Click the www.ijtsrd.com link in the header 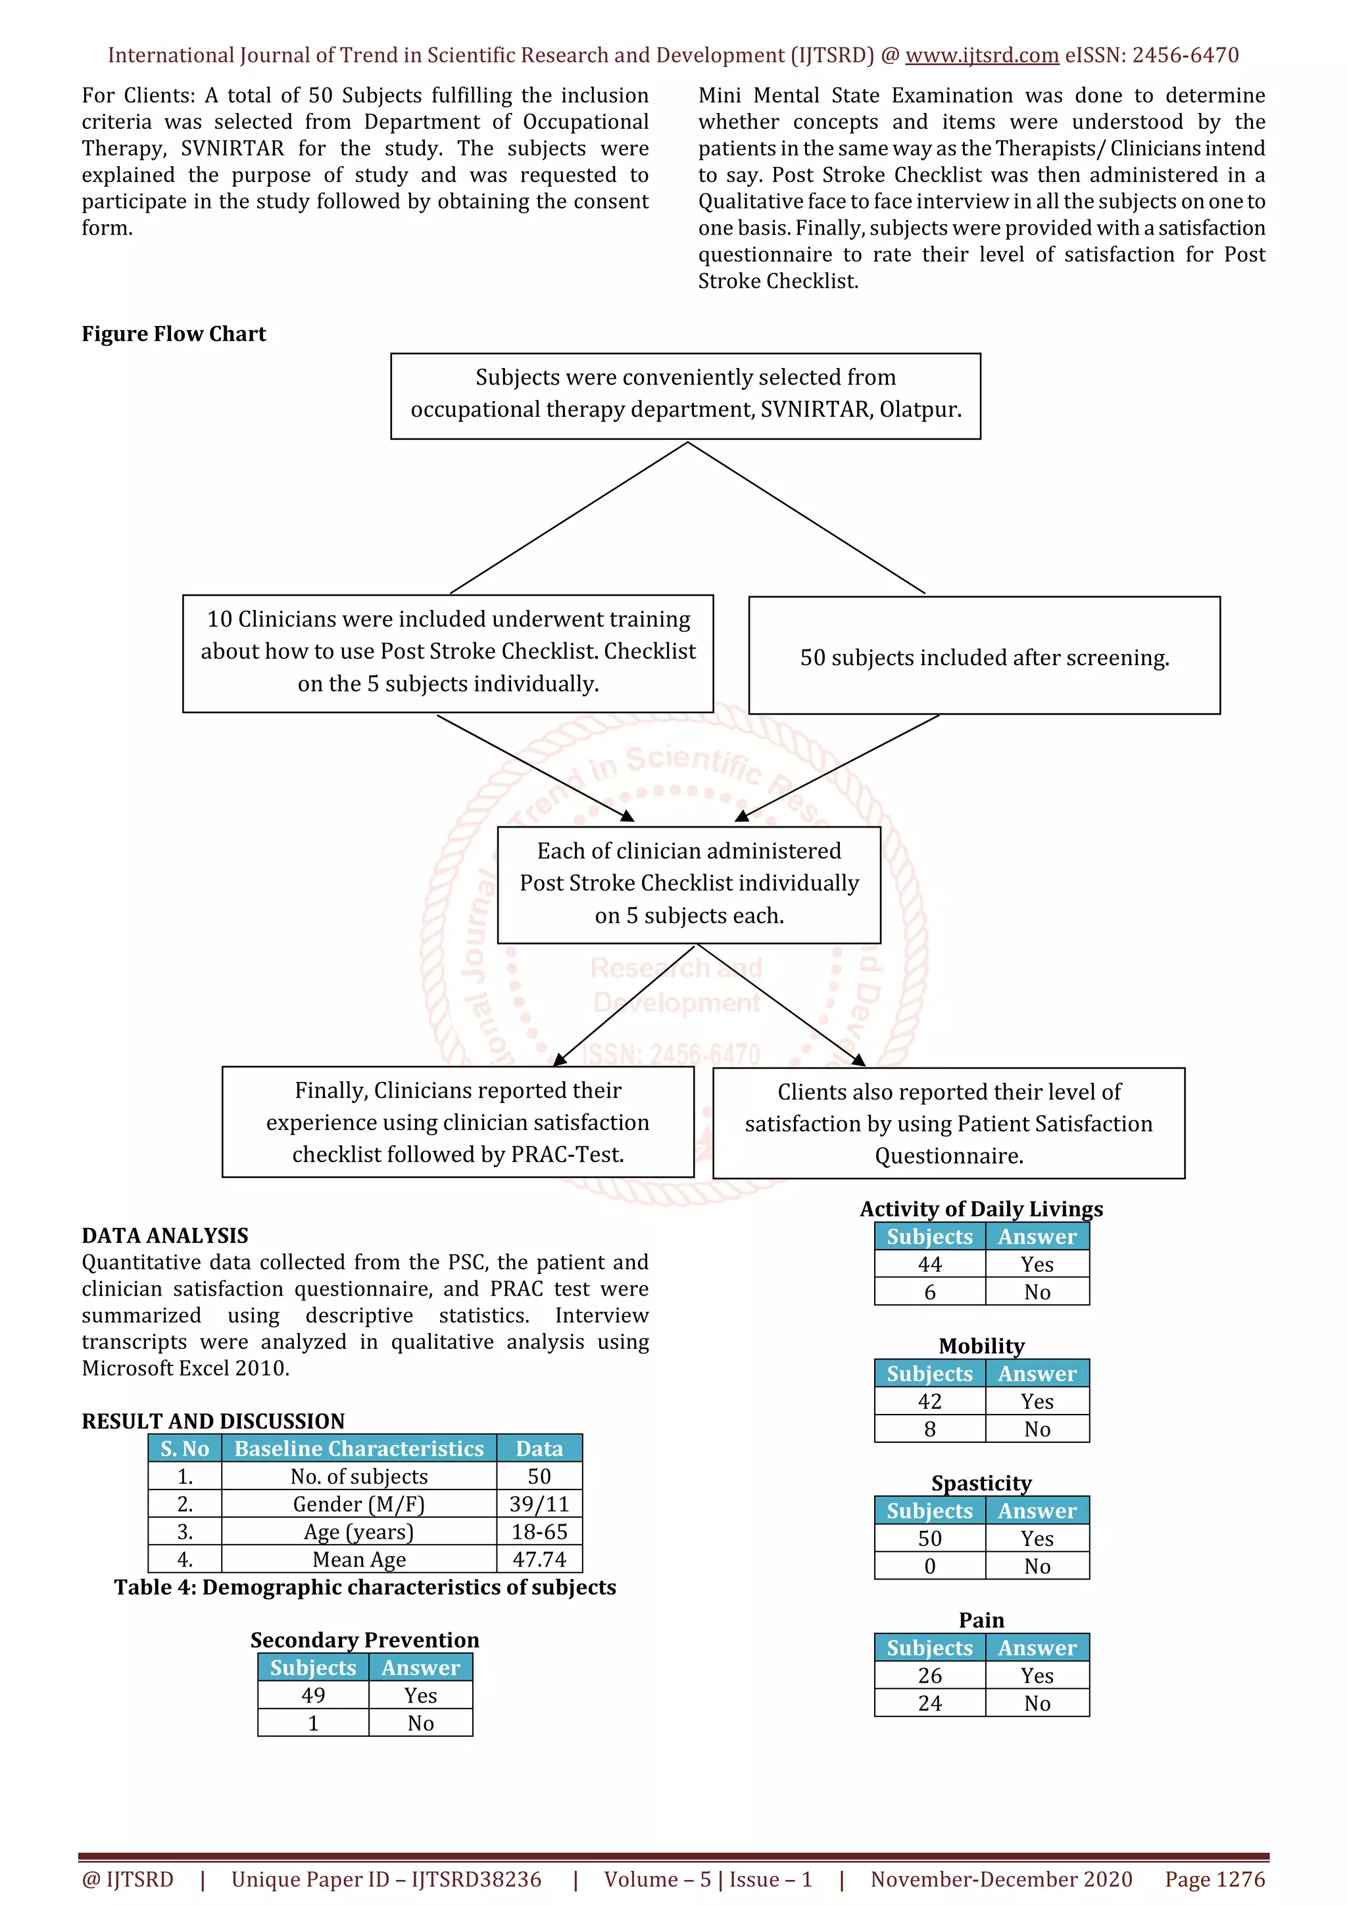[981, 56]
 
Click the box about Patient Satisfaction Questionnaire [948, 1123]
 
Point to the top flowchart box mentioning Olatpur [685, 396]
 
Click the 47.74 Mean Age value [539, 1559]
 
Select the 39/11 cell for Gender [539, 1503]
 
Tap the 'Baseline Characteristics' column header [358, 1448]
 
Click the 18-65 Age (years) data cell [539, 1532]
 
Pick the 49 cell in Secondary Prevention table [313, 1695]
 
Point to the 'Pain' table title [981, 1620]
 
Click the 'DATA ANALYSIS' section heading [164, 1235]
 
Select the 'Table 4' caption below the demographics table [364, 1587]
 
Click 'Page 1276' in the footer [1214, 1879]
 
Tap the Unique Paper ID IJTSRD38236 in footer [386, 1879]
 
